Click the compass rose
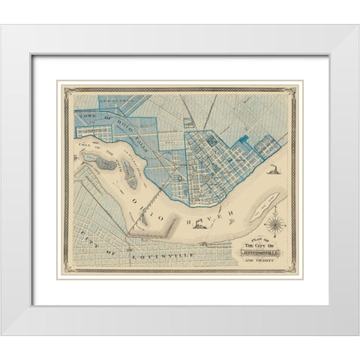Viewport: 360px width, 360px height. click(275, 223)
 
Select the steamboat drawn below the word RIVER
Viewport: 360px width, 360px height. click(199, 235)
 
